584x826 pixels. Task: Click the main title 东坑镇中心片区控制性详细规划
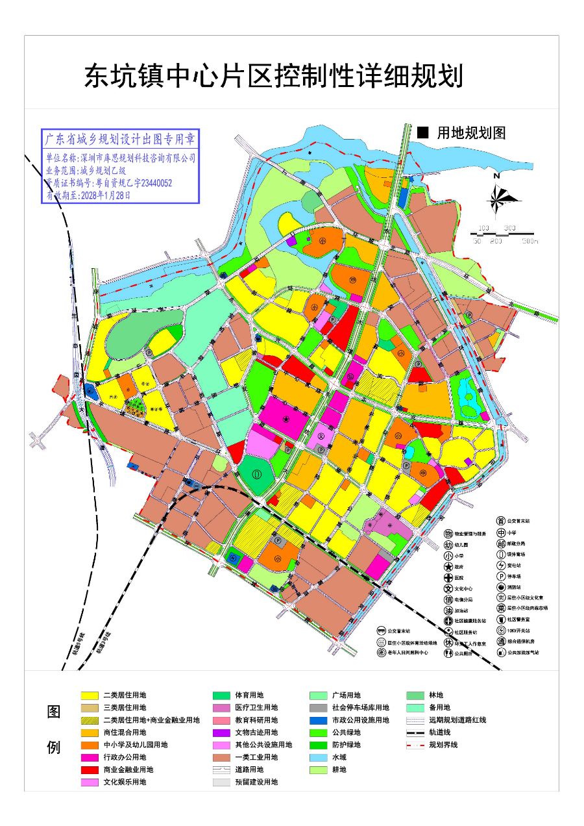pos(273,77)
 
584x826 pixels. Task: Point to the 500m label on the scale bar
pos(530,241)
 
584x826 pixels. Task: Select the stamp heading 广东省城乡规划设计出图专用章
pos(120,139)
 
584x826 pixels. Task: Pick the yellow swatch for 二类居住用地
pos(90,695)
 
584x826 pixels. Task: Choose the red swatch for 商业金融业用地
pos(90,770)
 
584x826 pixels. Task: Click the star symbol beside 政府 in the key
pos(448,567)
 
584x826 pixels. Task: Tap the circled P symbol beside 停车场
pos(501,576)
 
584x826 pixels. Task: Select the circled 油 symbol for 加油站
pos(448,610)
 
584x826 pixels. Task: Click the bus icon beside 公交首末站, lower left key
pos(382,631)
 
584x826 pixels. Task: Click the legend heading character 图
pos(54,711)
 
